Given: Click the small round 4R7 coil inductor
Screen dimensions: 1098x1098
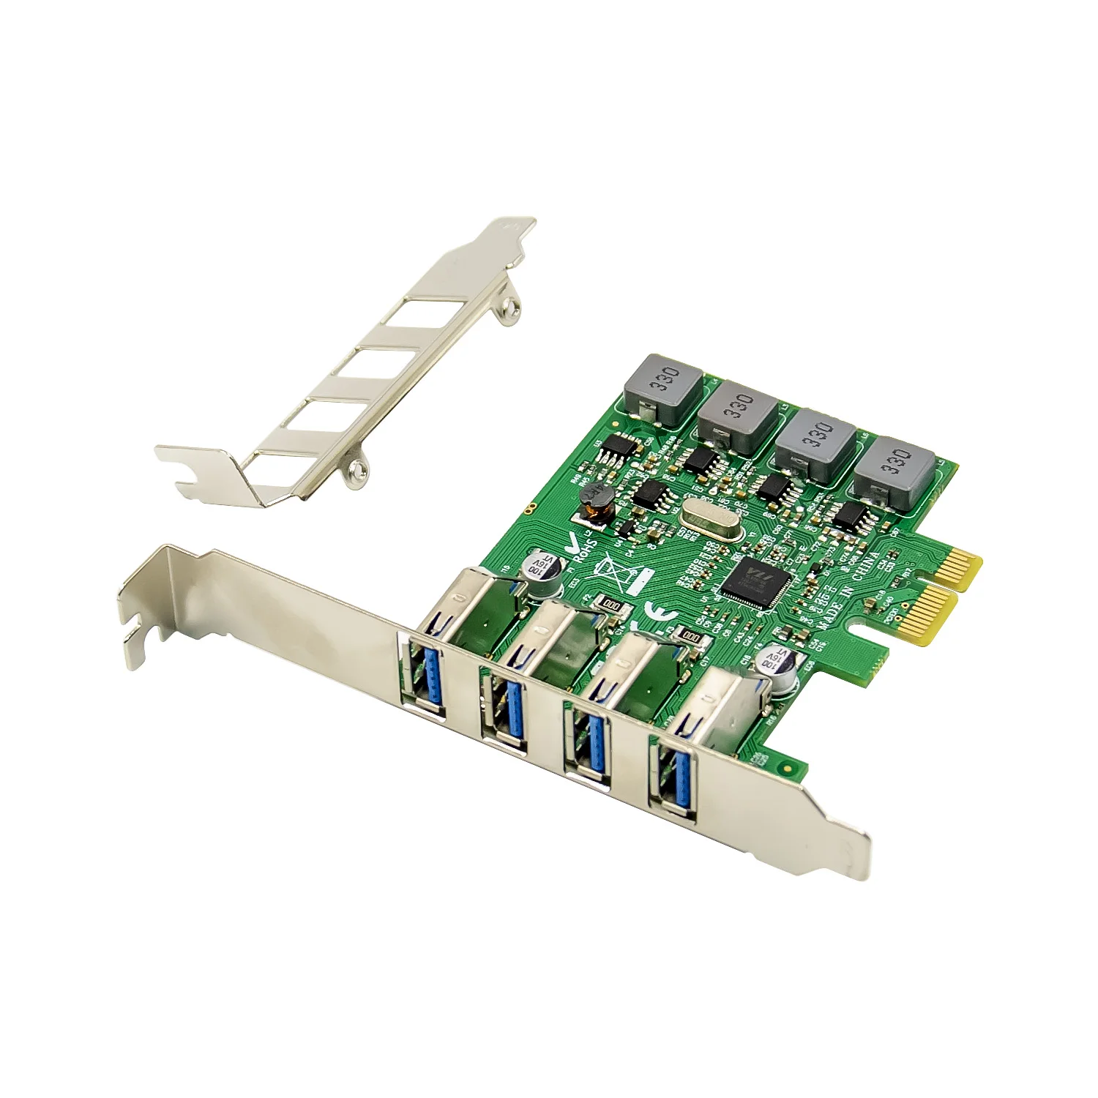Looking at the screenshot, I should [594, 499].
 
